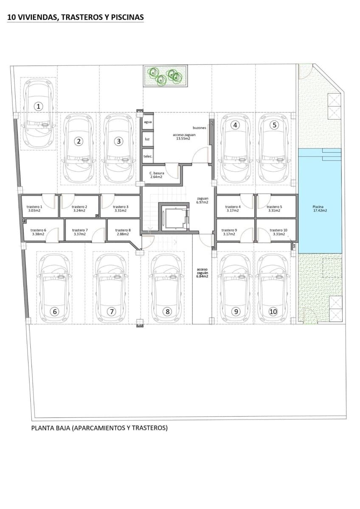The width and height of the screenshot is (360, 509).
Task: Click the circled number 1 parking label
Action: point(39,106)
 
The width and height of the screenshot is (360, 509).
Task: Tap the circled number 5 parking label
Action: point(275,125)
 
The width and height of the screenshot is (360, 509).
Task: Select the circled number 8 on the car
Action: point(168,311)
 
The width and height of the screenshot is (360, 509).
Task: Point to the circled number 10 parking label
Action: point(273,311)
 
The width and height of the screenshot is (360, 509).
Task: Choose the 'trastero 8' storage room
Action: point(123,232)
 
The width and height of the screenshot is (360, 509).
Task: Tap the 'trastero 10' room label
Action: point(278,232)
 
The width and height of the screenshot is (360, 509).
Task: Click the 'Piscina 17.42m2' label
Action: point(318,208)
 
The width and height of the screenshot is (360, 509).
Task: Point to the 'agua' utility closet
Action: point(148,122)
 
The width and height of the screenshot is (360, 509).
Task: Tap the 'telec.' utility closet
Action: point(148,156)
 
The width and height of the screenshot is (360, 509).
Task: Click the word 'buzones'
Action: point(199,127)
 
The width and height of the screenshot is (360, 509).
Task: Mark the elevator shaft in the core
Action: point(174,218)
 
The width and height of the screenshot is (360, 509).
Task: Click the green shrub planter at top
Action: point(163,77)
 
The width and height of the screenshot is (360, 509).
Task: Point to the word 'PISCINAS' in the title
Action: point(126,17)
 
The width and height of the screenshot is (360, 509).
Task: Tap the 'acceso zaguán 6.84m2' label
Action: point(202,273)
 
